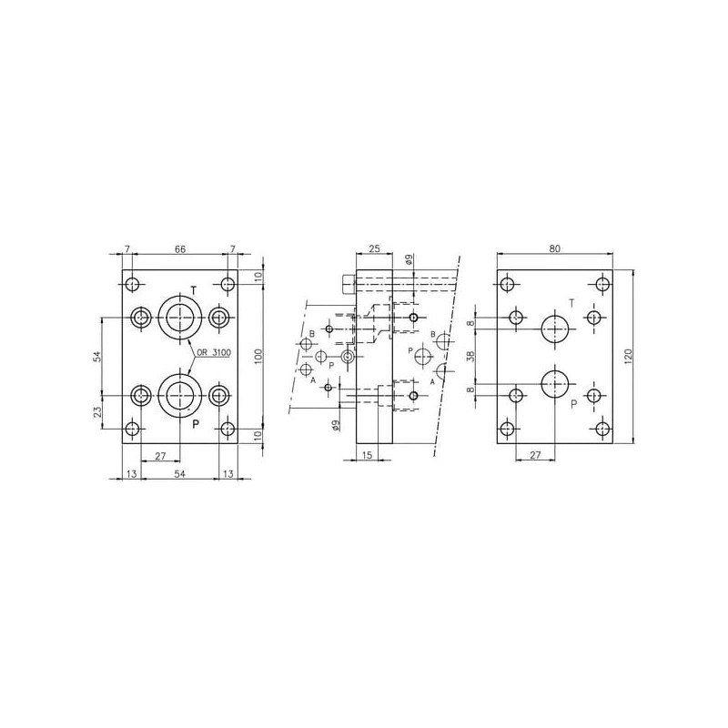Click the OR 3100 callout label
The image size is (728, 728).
[x=214, y=353]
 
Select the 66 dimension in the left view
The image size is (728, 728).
[x=180, y=249]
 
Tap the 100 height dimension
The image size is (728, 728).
[x=258, y=356]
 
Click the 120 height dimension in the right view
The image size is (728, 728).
[x=629, y=357]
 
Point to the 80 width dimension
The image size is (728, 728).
[x=555, y=248]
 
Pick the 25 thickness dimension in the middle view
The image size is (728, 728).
[x=374, y=248]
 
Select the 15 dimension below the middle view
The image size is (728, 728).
[x=367, y=455]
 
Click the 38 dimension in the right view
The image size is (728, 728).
[x=470, y=357]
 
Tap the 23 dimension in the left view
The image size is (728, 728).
[x=97, y=412]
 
